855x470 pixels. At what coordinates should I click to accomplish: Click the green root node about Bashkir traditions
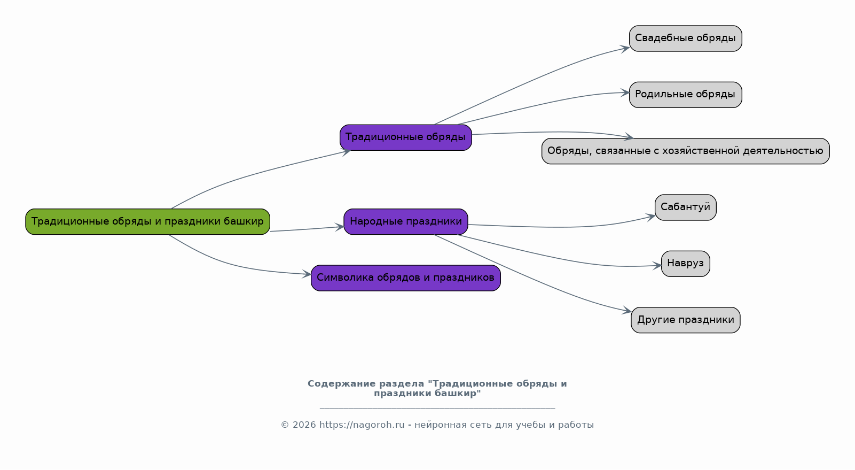coord(147,221)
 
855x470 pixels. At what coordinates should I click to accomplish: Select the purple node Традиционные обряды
coord(405,137)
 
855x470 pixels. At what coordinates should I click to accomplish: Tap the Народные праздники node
coord(405,221)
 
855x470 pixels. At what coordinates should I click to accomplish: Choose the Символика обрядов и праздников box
coord(405,278)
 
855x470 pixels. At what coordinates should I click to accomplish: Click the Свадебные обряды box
coord(685,38)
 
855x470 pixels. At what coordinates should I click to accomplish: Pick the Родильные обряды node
coord(685,95)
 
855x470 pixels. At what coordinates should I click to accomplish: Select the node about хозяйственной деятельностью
coord(685,151)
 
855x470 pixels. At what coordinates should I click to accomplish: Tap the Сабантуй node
coord(685,207)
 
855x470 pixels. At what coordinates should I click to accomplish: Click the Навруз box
coord(685,264)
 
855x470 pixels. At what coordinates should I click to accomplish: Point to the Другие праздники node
coord(685,320)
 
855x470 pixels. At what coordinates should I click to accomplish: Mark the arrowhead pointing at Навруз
coord(657,265)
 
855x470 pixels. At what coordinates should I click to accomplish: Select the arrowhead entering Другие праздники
coord(627,311)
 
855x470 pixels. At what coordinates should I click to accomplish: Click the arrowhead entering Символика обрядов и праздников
coord(307,274)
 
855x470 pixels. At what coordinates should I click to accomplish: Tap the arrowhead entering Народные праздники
coord(340,227)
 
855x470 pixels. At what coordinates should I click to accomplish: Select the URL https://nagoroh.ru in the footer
coord(362,425)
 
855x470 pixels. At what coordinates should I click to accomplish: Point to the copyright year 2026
coord(304,425)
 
